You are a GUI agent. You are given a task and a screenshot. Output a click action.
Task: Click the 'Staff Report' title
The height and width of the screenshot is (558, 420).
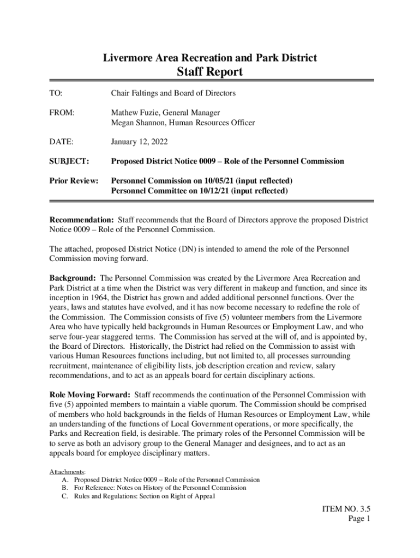[210, 72]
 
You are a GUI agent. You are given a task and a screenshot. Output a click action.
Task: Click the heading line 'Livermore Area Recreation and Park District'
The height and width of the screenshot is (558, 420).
[210, 57]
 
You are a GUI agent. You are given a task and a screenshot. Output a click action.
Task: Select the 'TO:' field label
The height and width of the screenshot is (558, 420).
[56, 93]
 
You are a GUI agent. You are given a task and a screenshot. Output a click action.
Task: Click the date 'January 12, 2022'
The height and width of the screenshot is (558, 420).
[140, 142]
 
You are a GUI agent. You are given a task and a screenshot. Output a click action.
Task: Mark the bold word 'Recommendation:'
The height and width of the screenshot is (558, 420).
[82, 220]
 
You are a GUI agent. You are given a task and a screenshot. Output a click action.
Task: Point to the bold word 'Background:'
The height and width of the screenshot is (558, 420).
[73, 278]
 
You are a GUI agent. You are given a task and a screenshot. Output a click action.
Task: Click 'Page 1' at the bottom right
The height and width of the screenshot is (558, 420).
[359, 519]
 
